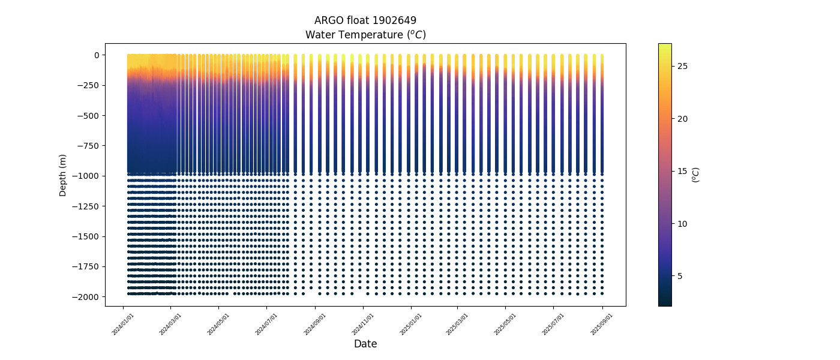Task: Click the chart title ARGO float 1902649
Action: (365, 20)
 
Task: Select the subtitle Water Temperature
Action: (365, 35)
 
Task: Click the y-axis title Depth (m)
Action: (63, 175)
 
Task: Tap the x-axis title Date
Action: (365, 344)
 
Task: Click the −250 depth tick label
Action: (88, 85)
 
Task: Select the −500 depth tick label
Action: (88, 116)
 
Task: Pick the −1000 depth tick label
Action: (86, 176)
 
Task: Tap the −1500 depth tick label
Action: (86, 236)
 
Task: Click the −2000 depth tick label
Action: (86, 297)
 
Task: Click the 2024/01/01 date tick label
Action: (124, 323)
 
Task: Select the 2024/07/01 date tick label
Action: (267, 323)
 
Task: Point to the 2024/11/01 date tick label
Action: (363, 323)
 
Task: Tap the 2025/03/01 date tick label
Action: (458, 323)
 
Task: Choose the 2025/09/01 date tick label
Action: (602, 323)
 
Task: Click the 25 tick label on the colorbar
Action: (683, 66)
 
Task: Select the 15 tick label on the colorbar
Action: (683, 171)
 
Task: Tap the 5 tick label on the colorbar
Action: (680, 276)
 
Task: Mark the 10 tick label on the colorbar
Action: (683, 224)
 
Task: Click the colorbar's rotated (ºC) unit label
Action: (696, 175)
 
